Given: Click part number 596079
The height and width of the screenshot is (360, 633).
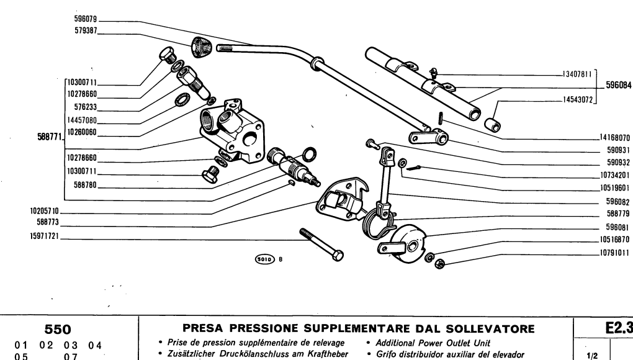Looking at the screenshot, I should pyautogui.click(x=86, y=18).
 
